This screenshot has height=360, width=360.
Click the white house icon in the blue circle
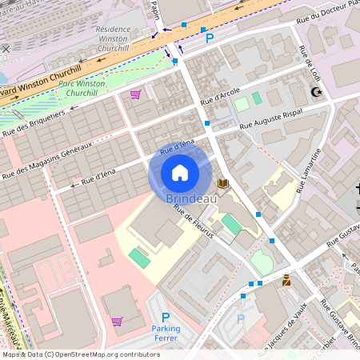point(180,173)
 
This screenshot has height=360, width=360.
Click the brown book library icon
point(222,184)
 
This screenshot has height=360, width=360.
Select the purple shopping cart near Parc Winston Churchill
point(135,94)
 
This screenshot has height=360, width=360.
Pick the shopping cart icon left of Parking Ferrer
point(118,322)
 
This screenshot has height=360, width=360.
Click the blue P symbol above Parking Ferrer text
point(166,317)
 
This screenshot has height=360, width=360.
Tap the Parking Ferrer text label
point(166,333)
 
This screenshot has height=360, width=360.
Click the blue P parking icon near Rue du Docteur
point(210,38)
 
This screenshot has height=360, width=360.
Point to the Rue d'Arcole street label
point(220,97)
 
